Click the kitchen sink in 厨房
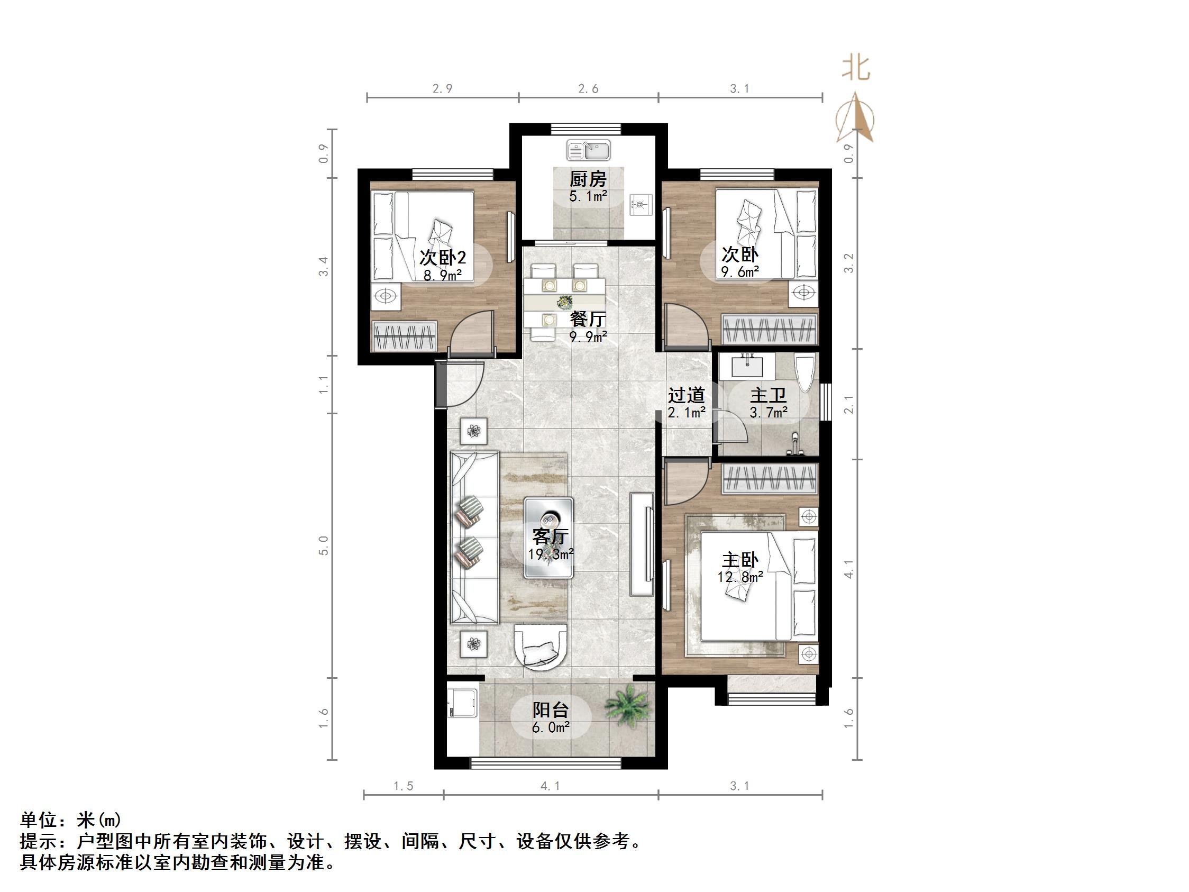[588, 150]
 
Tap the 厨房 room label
[588, 179]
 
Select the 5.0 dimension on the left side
[324, 545]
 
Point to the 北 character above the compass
[856, 68]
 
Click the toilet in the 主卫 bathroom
[804, 373]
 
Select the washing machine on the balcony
[462, 704]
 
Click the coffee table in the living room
[549, 537]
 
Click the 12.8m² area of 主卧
[740, 577]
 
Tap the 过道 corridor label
[687, 396]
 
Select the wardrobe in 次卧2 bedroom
[404, 336]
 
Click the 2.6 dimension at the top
[588, 89]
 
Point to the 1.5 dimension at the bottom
[403, 786]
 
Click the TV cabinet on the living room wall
[643, 543]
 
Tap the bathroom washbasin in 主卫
[747, 366]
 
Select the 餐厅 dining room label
[588, 319]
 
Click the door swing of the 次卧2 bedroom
[472, 332]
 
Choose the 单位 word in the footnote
[38, 820]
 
